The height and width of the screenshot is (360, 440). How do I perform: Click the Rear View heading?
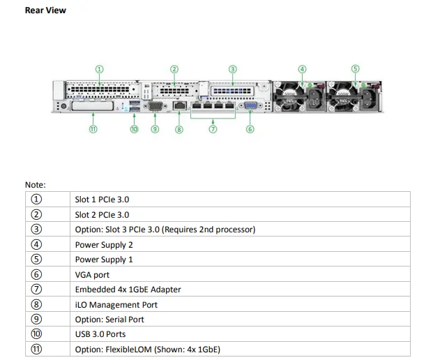(x=45, y=10)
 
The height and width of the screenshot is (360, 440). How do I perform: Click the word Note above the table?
(x=35, y=184)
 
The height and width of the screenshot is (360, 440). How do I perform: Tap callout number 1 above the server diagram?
(x=99, y=69)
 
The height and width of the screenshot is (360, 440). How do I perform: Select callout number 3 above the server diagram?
(x=233, y=69)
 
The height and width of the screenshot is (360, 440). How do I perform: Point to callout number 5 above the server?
(x=355, y=69)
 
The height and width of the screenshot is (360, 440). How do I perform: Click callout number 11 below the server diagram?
(x=93, y=129)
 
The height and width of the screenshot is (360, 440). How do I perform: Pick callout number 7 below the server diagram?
(x=213, y=129)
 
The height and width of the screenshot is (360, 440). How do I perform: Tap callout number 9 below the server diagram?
(x=155, y=129)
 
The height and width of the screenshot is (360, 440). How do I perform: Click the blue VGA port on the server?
(x=250, y=107)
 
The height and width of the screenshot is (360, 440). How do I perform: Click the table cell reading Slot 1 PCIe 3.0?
(x=102, y=200)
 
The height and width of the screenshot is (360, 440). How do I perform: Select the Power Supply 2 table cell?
(x=104, y=245)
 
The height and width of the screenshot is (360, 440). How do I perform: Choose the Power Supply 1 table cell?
(x=104, y=260)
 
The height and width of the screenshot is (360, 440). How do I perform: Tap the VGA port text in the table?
(x=92, y=275)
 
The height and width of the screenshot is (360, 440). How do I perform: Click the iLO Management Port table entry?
(x=116, y=305)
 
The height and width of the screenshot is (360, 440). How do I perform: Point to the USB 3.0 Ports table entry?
(x=100, y=334)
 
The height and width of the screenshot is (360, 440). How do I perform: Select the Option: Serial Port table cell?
(x=109, y=320)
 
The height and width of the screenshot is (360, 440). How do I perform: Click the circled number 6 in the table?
(x=37, y=275)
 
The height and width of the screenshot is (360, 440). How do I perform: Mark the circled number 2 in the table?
(x=37, y=215)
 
